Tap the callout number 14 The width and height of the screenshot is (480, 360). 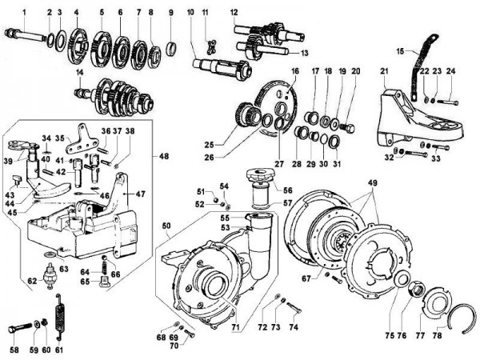tap(80, 73)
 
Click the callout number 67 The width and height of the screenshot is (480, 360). tap(306, 278)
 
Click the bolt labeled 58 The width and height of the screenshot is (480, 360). tap(22, 329)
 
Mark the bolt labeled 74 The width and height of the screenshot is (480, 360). tap(292, 306)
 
